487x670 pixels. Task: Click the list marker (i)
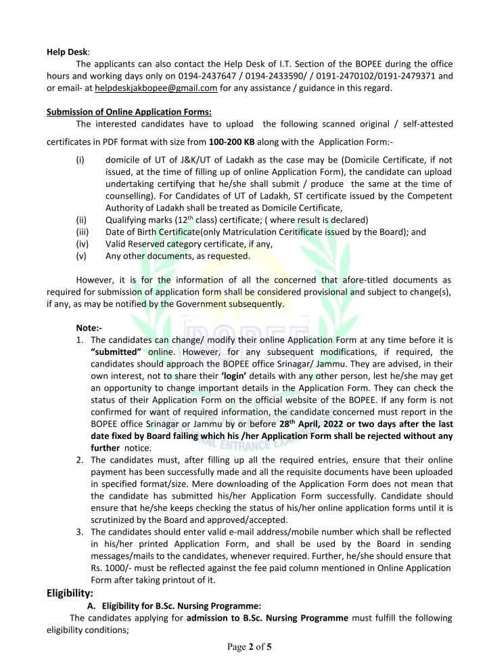(80, 161)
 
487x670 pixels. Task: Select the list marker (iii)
(82, 232)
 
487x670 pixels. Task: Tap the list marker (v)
(81, 256)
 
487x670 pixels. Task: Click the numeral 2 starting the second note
(80, 462)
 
